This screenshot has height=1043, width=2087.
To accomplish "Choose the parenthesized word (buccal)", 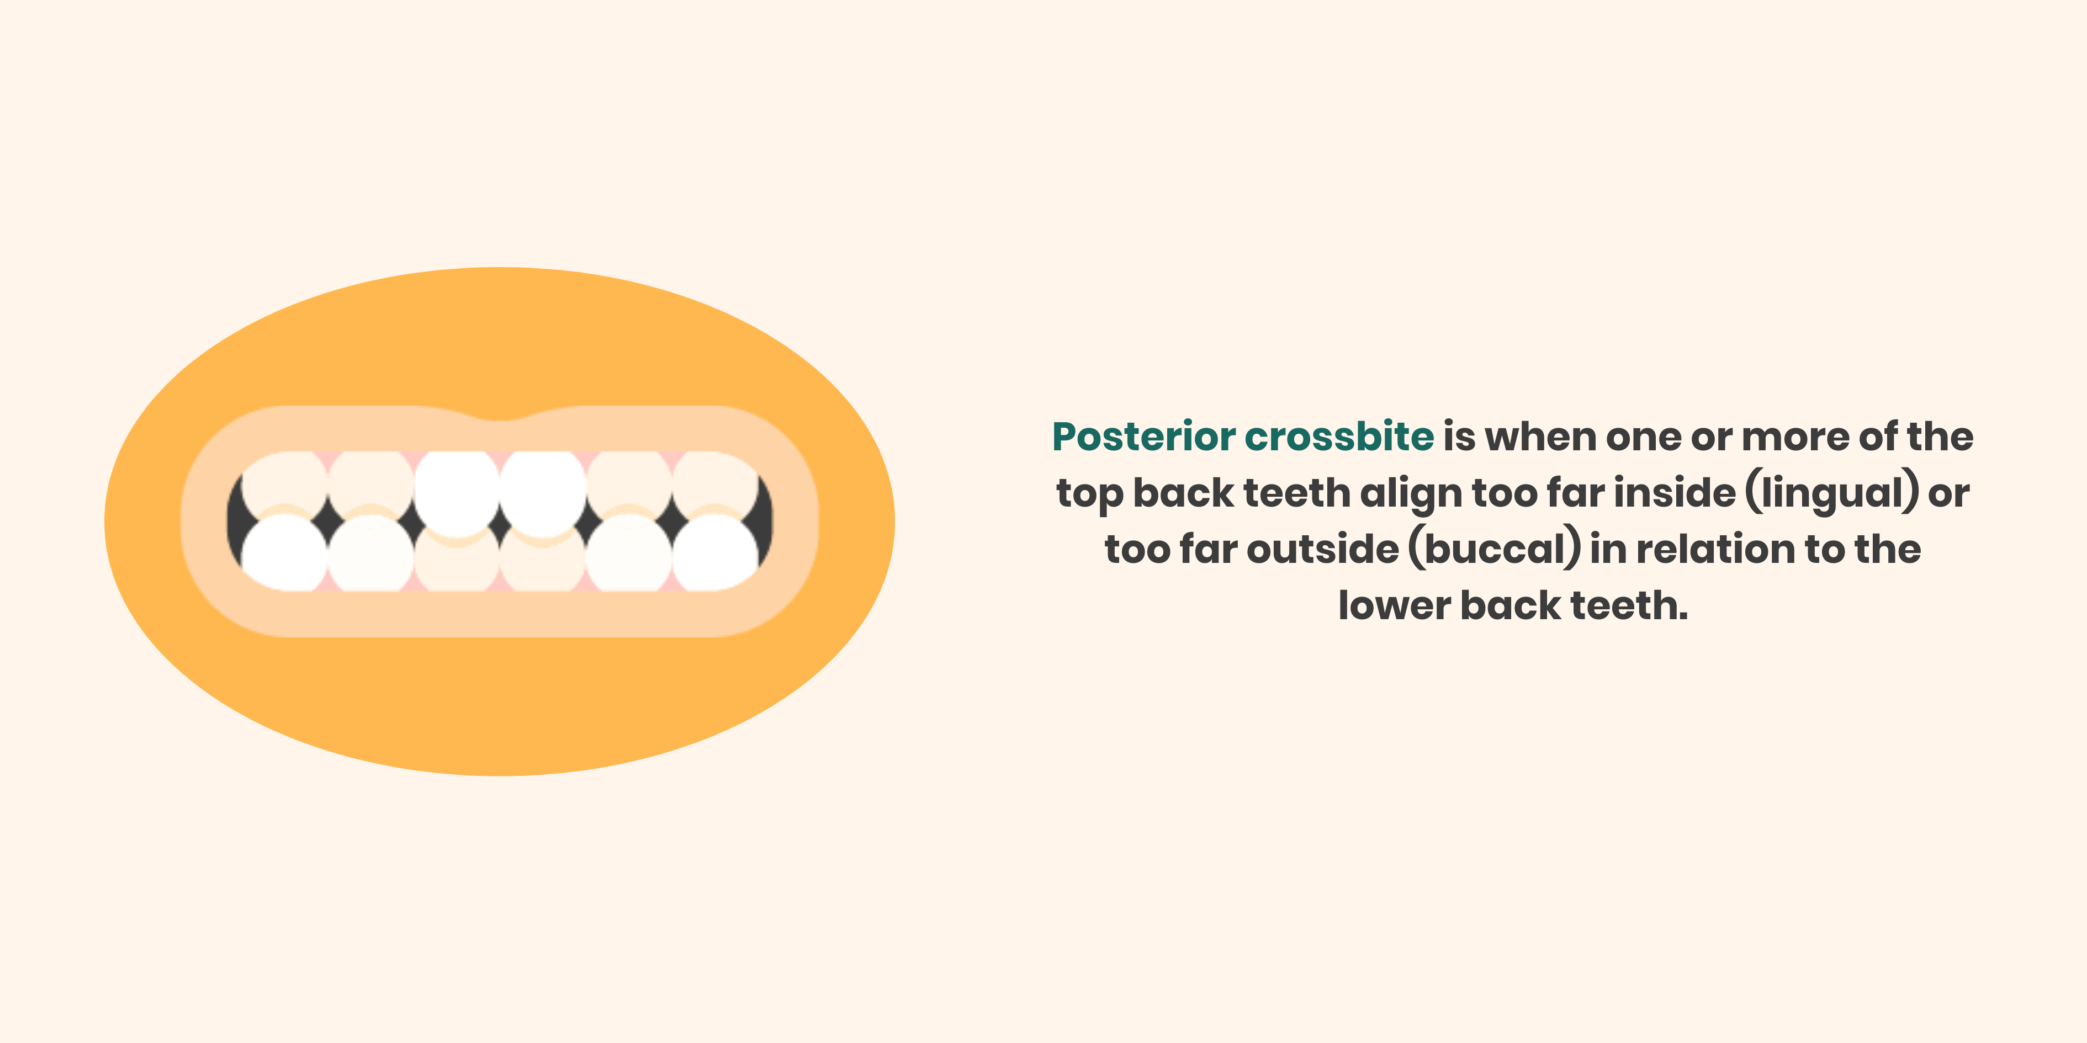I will click(x=1495, y=549).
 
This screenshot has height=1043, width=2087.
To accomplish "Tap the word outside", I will click(x=1322, y=549).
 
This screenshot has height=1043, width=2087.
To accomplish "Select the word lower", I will click(x=1394, y=606).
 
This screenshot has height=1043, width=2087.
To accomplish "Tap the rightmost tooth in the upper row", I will click(x=714, y=483).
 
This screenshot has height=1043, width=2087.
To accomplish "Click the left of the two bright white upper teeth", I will click(x=456, y=491).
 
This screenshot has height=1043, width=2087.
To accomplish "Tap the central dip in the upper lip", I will click(x=500, y=419).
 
